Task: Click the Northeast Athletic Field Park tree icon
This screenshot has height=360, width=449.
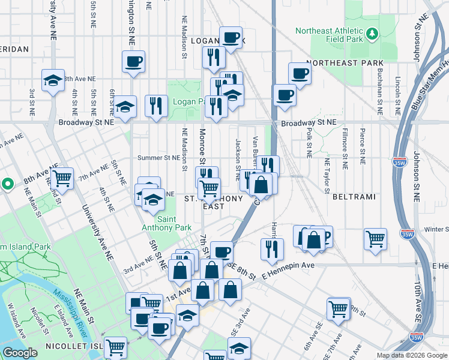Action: click(372, 32)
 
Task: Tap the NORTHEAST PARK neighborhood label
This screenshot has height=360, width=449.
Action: click(345, 63)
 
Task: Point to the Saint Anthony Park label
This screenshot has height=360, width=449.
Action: click(166, 223)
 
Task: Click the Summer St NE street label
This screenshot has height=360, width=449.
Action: click(158, 158)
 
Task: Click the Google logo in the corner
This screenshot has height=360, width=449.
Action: click(20, 353)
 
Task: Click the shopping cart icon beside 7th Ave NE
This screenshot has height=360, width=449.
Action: click(62, 178)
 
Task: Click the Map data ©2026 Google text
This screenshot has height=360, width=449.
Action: click(411, 355)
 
